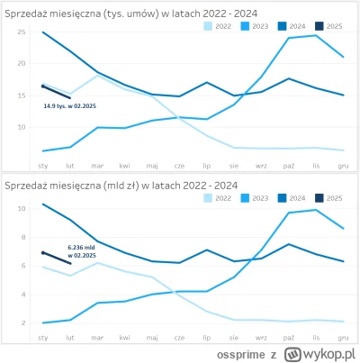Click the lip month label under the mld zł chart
click(x=207, y=336)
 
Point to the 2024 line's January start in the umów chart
click(x=42, y=32)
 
